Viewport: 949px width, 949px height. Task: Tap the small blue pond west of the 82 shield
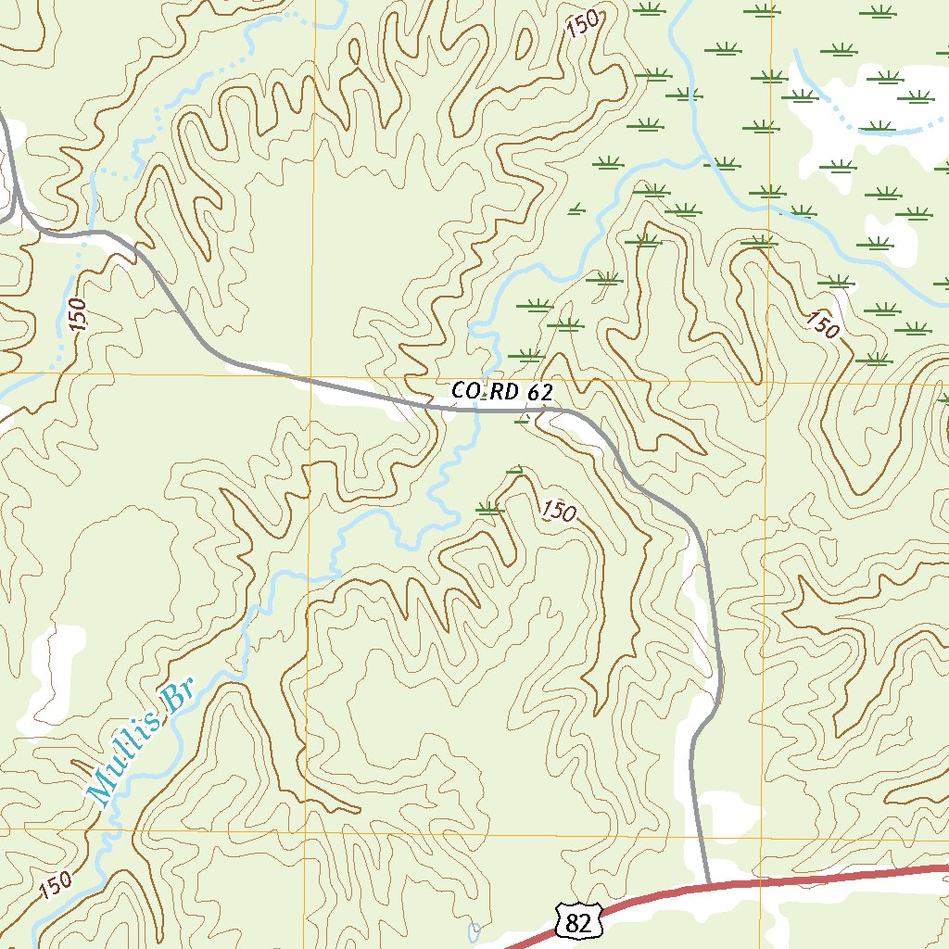tap(474, 930)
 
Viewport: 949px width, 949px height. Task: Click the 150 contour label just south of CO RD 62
tap(559, 511)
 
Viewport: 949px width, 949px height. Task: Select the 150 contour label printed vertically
tap(78, 315)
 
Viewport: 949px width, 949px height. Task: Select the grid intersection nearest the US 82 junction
tap(763, 836)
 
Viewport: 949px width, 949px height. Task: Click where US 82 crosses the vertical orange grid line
tap(761, 881)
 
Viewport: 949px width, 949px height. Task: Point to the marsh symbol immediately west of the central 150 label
tap(489, 507)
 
